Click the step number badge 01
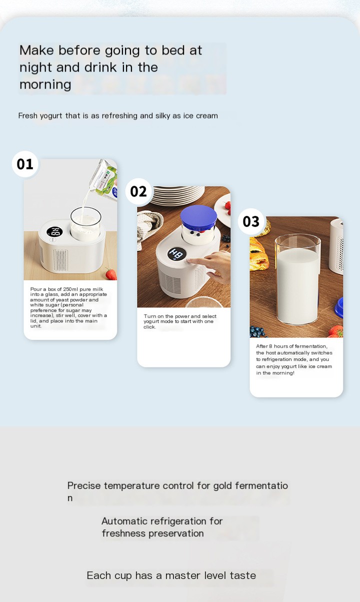[x=25, y=164]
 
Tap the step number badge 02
[x=138, y=191]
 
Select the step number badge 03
[x=251, y=221]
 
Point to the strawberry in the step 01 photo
[x=111, y=273]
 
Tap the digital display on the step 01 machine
[x=54, y=232]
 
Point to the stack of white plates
[x=177, y=194]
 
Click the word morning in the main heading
[x=45, y=84]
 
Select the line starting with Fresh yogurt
[x=118, y=116]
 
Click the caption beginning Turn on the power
[x=180, y=321]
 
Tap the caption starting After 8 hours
[x=294, y=359]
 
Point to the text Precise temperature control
[x=177, y=486]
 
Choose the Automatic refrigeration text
[x=162, y=527]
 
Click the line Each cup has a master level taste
[x=171, y=575]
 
